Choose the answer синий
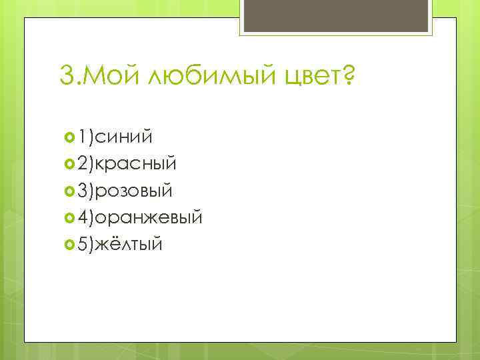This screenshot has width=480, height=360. (x=124, y=137)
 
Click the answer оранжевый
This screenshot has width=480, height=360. (x=150, y=217)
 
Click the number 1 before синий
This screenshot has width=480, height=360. (x=83, y=137)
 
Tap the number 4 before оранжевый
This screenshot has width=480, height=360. (x=83, y=217)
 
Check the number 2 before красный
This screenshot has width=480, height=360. (x=83, y=164)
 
